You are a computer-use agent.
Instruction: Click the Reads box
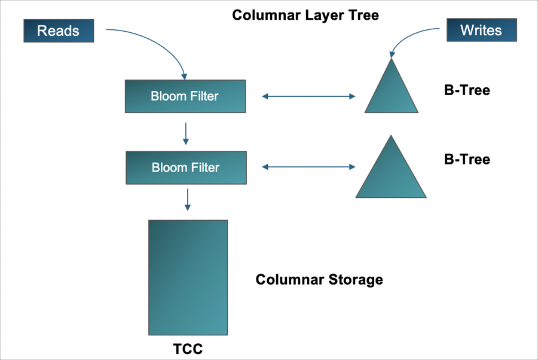[59, 30]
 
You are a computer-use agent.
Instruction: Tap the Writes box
[481, 30]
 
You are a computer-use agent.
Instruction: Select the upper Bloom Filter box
[185, 96]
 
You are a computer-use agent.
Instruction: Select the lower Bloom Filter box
[186, 167]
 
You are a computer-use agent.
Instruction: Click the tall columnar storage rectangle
[188, 277]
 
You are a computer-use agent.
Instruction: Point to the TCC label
[188, 349]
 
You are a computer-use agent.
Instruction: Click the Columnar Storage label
[319, 279]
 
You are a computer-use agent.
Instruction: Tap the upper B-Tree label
[467, 90]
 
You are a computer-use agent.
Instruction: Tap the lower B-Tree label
[467, 159]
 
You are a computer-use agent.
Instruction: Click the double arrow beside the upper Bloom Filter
[308, 96]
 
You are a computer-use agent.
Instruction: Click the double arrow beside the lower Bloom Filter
[308, 167]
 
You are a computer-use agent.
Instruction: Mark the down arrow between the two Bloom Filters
[186, 133]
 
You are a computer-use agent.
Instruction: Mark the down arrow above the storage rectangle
[188, 199]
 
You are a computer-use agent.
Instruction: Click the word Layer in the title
[320, 15]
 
